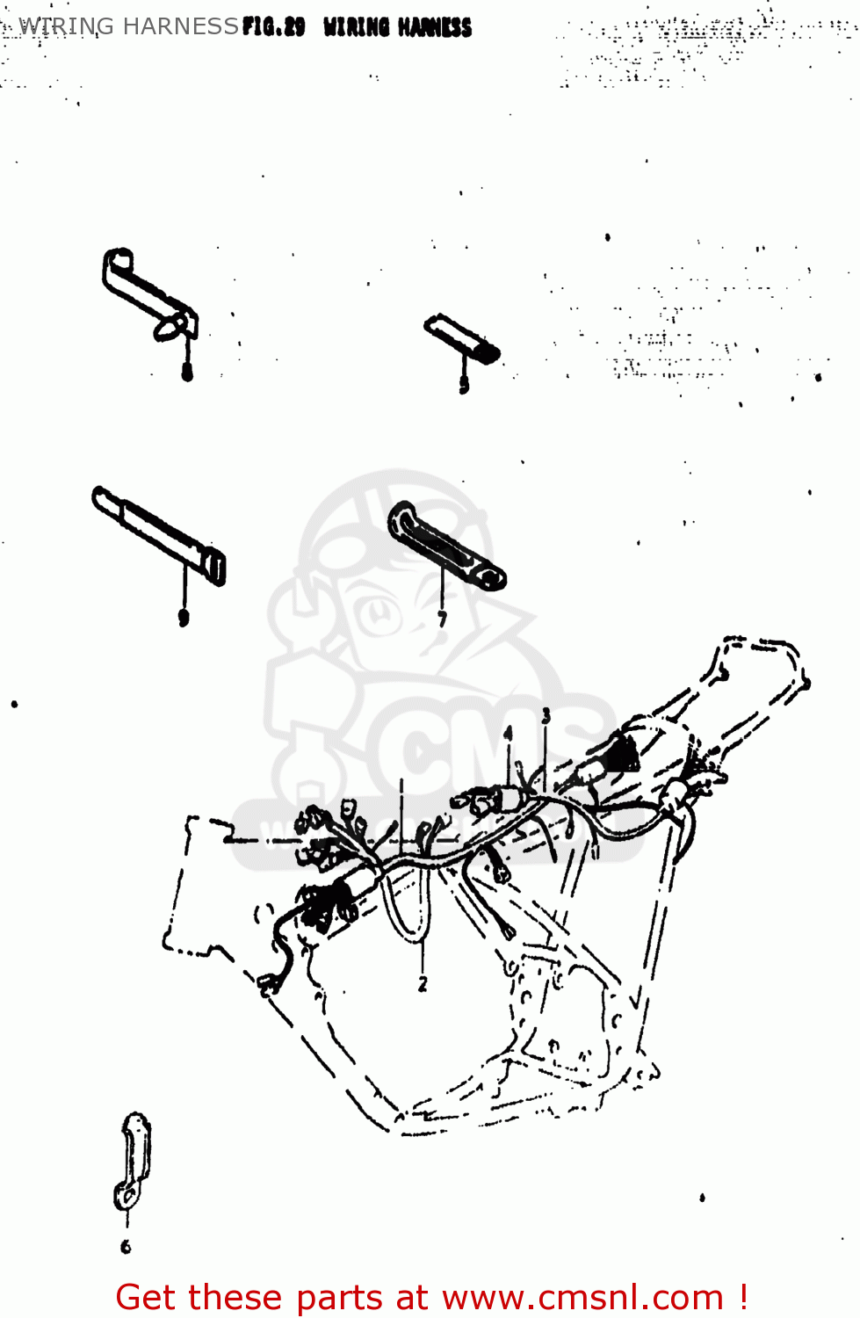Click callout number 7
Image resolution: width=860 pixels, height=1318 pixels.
point(442,619)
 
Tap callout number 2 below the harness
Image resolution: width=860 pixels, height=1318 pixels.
point(423,984)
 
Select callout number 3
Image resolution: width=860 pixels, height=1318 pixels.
point(546,716)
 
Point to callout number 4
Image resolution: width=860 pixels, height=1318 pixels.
point(508,734)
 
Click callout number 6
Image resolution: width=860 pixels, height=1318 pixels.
point(126,1246)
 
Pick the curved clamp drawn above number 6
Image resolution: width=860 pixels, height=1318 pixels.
point(133,1160)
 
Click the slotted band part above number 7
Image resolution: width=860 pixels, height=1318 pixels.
point(445,547)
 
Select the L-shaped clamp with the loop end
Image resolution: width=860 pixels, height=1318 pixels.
point(149,294)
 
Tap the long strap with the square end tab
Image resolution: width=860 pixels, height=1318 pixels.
point(159,534)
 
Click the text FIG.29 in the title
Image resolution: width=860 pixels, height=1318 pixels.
point(273,27)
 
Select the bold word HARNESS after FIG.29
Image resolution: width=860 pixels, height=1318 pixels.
point(435,28)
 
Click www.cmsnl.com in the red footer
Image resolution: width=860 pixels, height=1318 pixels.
point(582,1298)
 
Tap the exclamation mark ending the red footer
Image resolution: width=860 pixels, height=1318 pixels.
point(743,1297)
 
